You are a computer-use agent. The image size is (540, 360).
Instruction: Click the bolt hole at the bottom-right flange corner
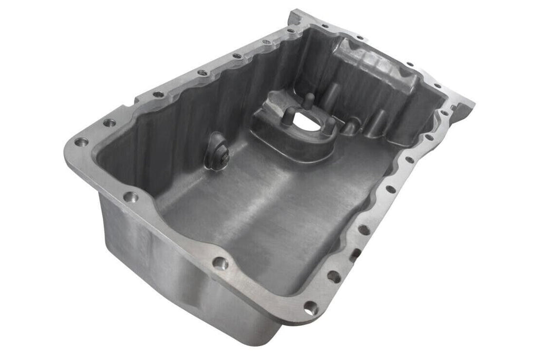[311, 308]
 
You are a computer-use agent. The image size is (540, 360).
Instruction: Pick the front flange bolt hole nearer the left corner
[130, 197]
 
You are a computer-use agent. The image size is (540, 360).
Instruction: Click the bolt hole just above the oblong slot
[363, 230]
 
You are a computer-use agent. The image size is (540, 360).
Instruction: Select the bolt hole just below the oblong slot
[333, 276]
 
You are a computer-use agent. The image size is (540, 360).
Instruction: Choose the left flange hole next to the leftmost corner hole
[109, 123]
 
